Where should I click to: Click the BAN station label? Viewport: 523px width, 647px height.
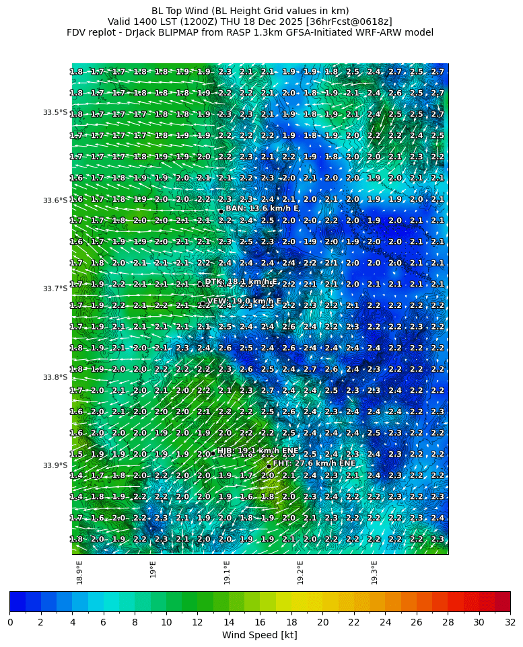point(263,208)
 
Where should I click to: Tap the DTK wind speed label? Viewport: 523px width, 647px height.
point(241,282)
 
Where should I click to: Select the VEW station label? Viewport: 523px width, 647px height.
point(244,301)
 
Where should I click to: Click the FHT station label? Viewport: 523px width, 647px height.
point(314,463)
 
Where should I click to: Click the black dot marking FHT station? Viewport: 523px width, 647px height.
point(269,466)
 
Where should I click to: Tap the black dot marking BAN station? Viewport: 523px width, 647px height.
point(221,211)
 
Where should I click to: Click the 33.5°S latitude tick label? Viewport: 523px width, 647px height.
point(55,112)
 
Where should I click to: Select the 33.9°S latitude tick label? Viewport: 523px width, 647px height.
point(55,465)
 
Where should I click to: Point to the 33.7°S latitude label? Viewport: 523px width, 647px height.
point(55,289)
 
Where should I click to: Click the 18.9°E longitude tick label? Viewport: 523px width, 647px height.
point(80,572)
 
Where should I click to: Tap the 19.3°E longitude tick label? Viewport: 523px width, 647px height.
point(374,572)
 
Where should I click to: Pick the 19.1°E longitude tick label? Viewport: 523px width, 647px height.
point(227,572)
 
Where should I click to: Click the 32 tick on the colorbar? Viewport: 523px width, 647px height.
point(510,622)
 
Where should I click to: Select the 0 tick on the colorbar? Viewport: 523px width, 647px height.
point(10,622)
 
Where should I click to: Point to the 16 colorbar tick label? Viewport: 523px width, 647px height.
point(260,622)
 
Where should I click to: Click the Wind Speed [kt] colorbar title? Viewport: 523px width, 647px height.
point(260,635)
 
